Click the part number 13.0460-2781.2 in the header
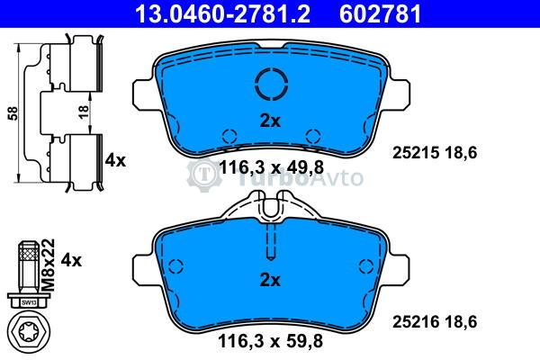pyautogui.click(x=222, y=13)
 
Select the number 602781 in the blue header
pyautogui.click(x=380, y=13)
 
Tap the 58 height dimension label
pyautogui.click(x=13, y=113)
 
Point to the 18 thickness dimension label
pyautogui.click(x=84, y=112)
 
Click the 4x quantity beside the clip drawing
pyautogui.click(x=115, y=160)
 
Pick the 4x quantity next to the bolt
pyautogui.click(x=71, y=260)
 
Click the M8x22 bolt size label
pyautogui.click(x=49, y=265)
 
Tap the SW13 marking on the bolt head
pyautogui.click(x=29, y=302)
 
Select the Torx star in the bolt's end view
pyautogui.click(x=31, y=332)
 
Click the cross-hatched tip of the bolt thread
pyautogui.click(x=30, y=253)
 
